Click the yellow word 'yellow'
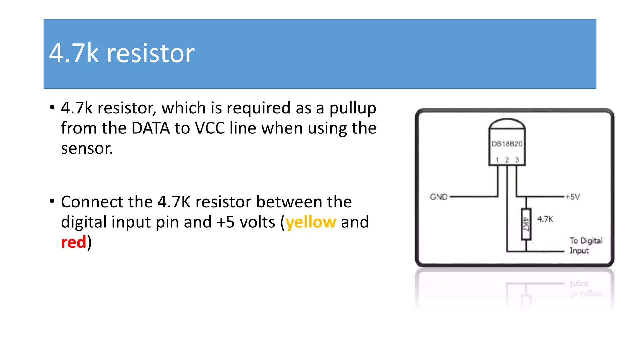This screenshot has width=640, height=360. [311, 222]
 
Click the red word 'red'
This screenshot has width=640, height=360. [73, 242]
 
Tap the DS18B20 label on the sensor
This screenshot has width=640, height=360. [507, 144]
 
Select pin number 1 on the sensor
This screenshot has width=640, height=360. [497, 160]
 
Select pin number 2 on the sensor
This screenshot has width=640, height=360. [507, 160]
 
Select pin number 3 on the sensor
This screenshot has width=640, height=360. [517, 160]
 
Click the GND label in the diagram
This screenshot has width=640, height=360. [438, 197]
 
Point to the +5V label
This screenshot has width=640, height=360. [572, 197]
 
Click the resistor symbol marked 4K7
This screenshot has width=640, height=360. [526, 224]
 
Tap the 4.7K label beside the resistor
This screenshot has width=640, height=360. [545, 219]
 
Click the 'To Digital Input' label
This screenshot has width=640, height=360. [585, 246]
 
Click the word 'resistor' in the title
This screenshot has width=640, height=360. [151, 53]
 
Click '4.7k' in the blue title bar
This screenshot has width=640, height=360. [74, 53]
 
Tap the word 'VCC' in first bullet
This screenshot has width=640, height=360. [210, 128]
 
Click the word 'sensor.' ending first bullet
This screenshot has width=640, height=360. [87, 148]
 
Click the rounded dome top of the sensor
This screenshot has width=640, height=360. [507, 124]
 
